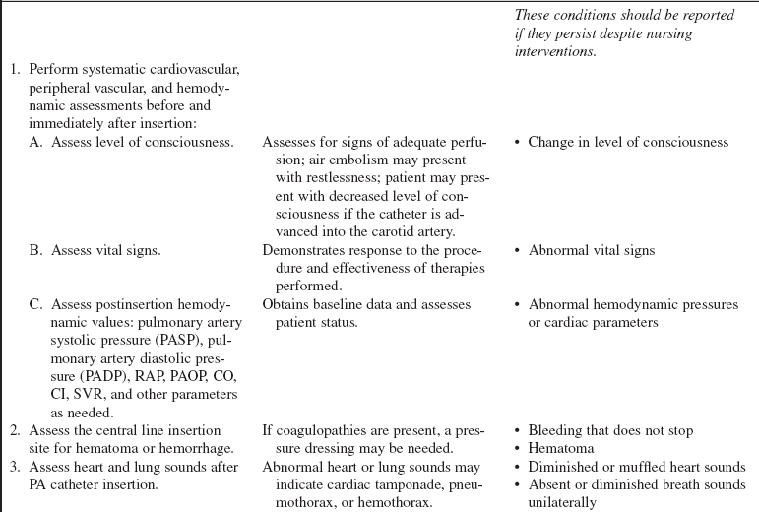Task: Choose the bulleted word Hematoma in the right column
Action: click(x=559, y=449)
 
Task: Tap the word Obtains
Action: click(x=285, y=304)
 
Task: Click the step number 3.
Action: click(x=15, y=467)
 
